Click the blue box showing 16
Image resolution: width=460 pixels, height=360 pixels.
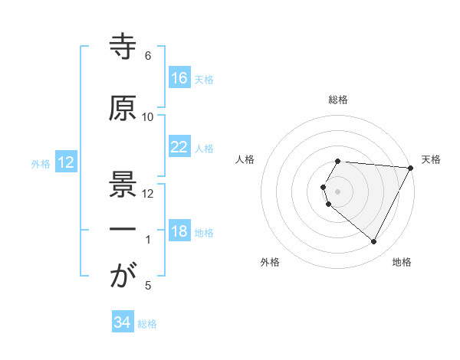coord(179,78)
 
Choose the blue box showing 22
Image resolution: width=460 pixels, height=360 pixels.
coord(179,147)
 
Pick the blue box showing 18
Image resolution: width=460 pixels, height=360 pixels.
coord(179,231)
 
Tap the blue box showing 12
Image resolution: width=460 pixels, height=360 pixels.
coord(65,162)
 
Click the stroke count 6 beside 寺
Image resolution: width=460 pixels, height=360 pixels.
coord(148,56)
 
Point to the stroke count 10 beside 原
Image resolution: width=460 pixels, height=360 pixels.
coord(148,116)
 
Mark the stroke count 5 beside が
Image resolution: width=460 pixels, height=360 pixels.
coord(148,286)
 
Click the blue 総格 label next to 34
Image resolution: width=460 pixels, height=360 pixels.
coord(147,324)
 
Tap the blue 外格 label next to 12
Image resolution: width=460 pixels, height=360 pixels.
coord(41,163)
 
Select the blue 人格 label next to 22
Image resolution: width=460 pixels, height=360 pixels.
coord(204,148)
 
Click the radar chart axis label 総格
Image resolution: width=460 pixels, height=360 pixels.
coord(338,100)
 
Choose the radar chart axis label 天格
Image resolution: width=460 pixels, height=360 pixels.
coord(432,159)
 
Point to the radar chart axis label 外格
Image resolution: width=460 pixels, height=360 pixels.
coord(270,262)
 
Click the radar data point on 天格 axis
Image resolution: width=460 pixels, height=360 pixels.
coord(411,168)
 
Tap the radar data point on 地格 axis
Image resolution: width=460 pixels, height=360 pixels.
coord(374,242)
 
